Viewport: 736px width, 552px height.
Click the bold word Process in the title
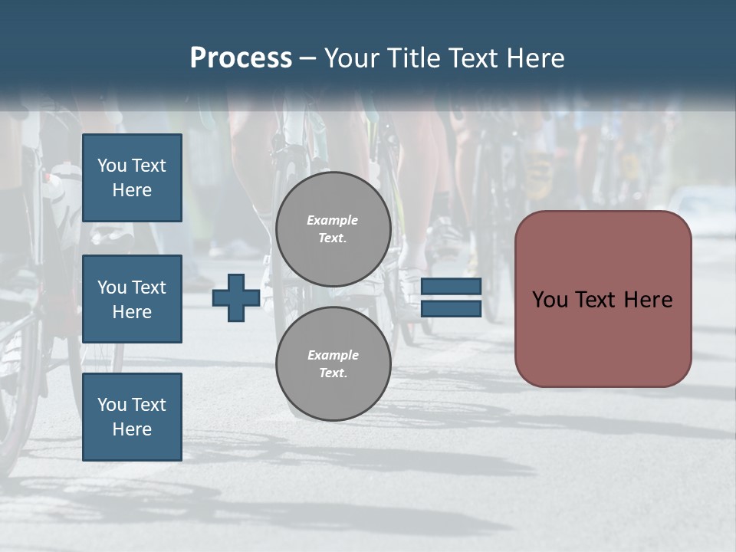coord(241,58)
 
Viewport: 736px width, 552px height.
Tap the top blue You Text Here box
coord(132,178)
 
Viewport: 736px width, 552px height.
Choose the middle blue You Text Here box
coord(132,299)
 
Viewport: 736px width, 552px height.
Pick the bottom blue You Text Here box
coord(132,416)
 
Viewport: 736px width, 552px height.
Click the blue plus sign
coord(236,297)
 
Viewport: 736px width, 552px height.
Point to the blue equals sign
coord(452,297)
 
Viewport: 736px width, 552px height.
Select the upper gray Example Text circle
coord(333,229)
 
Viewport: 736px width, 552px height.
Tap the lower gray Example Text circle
coord(333,363)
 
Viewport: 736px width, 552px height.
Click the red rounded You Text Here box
coord(603,299)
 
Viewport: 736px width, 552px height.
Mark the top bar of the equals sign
coord(452,287)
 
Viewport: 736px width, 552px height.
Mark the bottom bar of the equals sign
coord(452,308)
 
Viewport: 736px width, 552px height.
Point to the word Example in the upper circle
coord(333,220)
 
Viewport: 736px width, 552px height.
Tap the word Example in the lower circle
coord(333,355)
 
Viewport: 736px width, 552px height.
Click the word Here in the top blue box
coord(132,190)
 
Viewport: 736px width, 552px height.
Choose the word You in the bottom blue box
coord(112,404)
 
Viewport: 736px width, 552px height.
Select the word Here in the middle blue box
coord(132,312)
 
